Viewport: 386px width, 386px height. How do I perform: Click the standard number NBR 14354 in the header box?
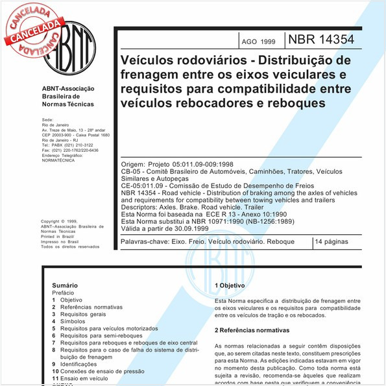331,40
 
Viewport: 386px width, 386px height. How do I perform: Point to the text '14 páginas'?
333,241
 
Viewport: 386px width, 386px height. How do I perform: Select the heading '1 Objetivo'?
229,285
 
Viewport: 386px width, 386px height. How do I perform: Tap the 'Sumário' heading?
65,285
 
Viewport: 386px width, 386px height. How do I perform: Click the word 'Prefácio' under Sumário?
64,293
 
